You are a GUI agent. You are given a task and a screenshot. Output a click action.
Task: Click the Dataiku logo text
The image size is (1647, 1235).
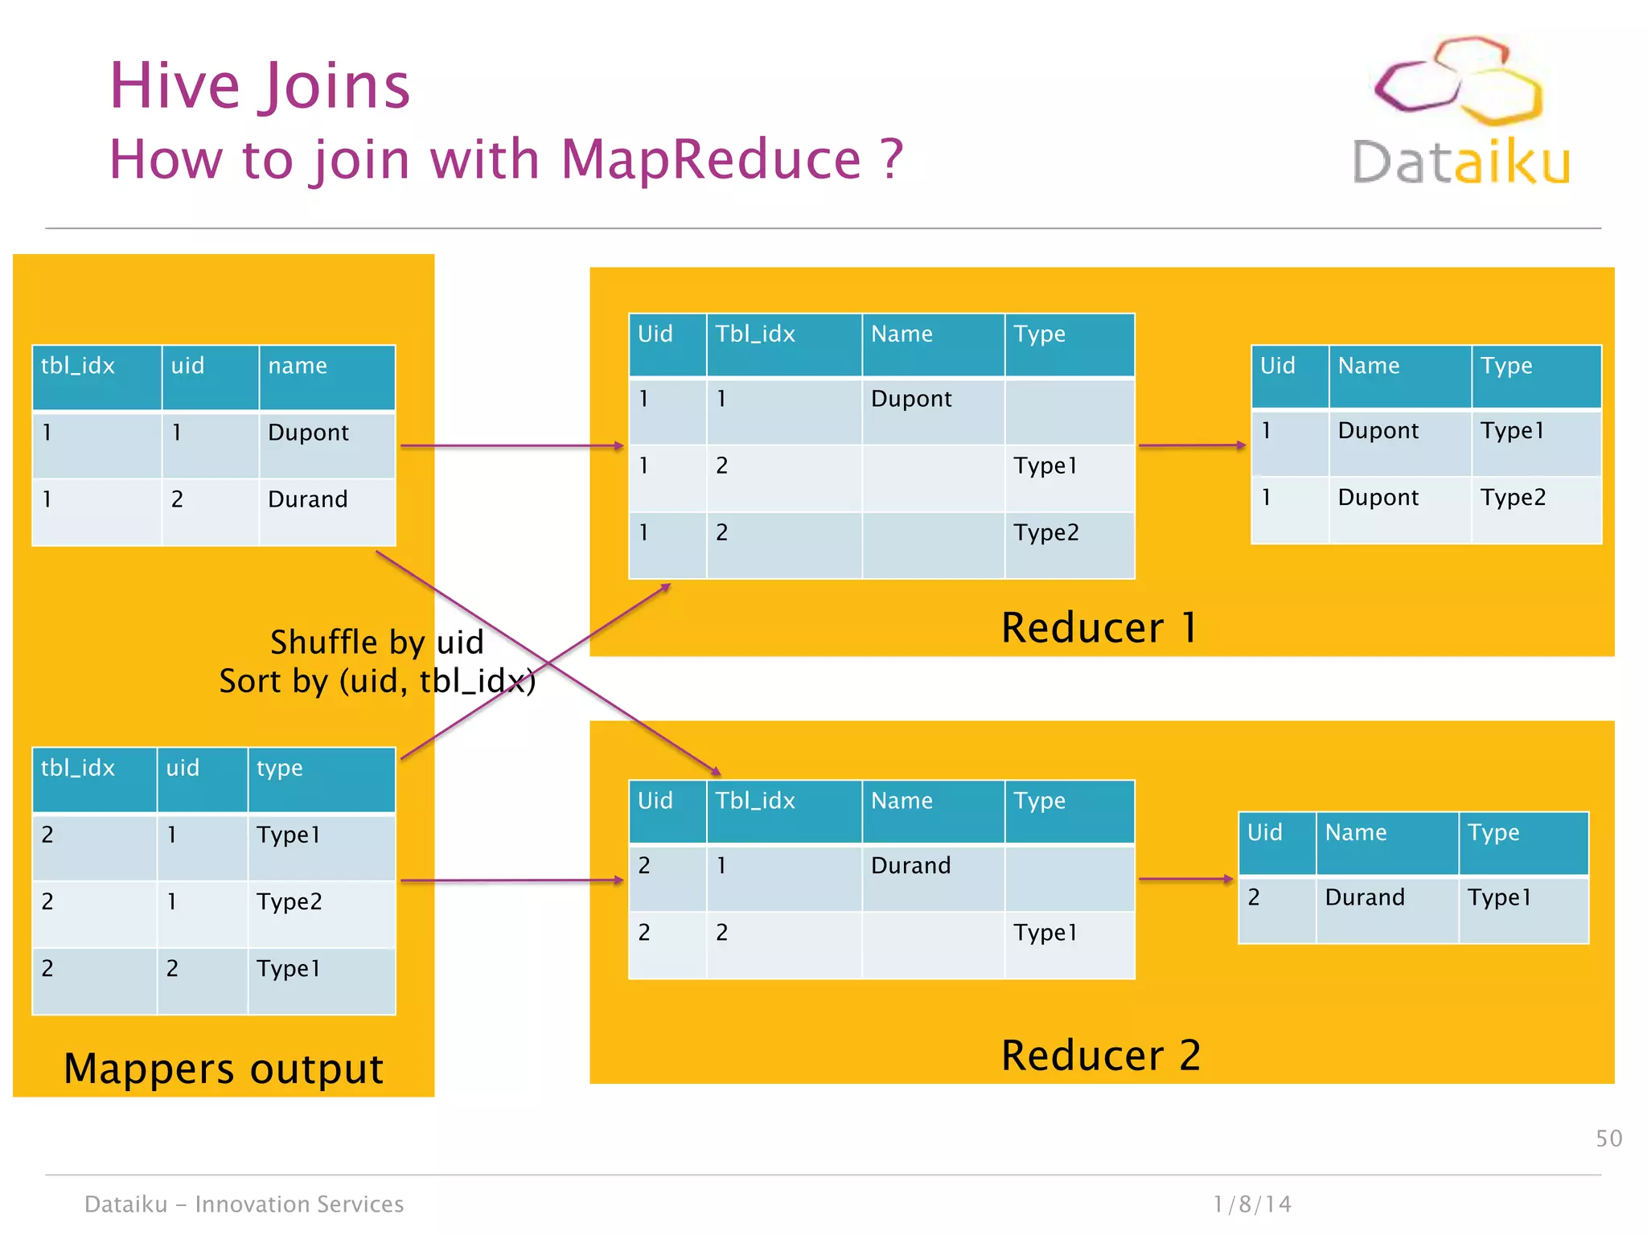[1460, 162]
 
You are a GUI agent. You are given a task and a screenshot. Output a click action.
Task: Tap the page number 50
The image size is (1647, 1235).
[1608, 1139]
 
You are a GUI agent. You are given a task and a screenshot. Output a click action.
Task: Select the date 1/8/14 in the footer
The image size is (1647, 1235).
[1252, 1204]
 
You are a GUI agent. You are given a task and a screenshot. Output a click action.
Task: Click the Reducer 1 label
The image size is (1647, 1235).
[1099, 628]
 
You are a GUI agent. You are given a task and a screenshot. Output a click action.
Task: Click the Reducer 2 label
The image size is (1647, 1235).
[1100, 1056]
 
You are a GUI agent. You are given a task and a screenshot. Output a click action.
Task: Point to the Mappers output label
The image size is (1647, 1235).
[224, 1069]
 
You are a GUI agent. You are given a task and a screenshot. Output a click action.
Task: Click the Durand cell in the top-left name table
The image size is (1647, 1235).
[308, 499]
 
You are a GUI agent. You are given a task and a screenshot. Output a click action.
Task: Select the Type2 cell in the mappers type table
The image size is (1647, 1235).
[290, 901]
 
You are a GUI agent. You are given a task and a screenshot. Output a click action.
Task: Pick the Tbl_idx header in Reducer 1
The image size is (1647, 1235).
[755, 334]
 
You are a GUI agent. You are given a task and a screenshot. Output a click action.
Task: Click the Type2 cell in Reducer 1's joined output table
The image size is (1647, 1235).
[1513, 498]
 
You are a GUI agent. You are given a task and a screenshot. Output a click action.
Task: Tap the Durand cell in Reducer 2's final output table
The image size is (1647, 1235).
[1365, 897]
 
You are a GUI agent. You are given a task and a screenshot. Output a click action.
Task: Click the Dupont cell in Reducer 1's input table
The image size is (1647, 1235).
[911, 399]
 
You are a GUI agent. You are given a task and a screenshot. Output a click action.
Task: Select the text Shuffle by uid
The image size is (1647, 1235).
[376, 642]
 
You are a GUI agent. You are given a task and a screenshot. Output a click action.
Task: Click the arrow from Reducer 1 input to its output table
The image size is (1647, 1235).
[1192, 445]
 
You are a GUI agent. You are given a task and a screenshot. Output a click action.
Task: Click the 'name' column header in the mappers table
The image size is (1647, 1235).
[298, 366]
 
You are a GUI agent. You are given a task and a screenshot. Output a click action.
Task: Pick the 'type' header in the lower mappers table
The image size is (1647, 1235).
[279, 768]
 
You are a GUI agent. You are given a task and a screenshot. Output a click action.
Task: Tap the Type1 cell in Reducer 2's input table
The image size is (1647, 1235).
[1045, 933]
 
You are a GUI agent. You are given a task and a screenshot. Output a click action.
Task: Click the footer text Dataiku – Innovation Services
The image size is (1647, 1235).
[244, 1204]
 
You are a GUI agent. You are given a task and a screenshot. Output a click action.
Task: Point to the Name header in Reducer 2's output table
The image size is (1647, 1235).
[1356, 832]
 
